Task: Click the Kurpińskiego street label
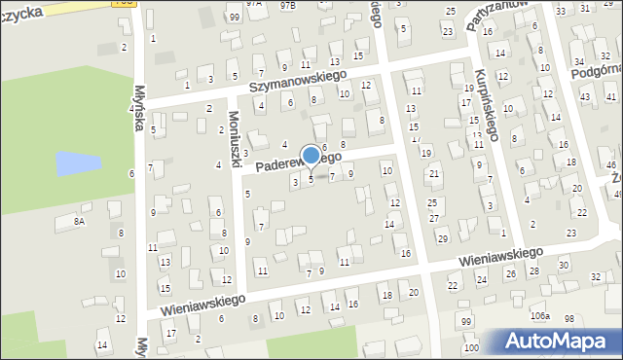pyautogui.click(x=486, y=102)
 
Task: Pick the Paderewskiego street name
pyautogui.click(x=298, y=162)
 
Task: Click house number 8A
pyautogui.click(x=80, y=222)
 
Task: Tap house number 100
pyautogui.click(x=471, y=347)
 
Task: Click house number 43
pyautogui.click(x=584, y=97)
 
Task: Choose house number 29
pyautogui.click(x=443, y=238)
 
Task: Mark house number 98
pyautogui.click(x=569, y=318)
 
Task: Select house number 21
pyautogui.click(x=434, y=173)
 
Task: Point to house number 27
pyautogui.click(x=434, y=218)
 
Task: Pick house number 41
pyautogui.click(x=610, y=97)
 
